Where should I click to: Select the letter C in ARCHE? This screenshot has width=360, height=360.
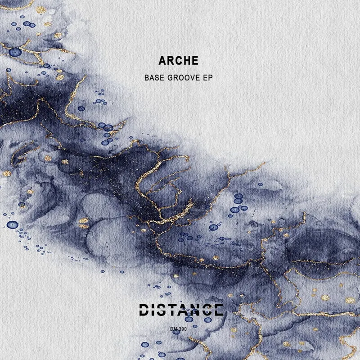coord(179,61)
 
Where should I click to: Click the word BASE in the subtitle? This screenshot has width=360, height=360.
coord(154,78)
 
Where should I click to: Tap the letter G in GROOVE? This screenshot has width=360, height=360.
coord(169,78)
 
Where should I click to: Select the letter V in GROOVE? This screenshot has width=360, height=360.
coord(193,78)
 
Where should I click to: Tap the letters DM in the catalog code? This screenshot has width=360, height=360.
coord(174,329)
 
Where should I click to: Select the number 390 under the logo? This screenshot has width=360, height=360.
coord(182,329)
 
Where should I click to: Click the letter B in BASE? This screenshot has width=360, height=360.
coord(147,78)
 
